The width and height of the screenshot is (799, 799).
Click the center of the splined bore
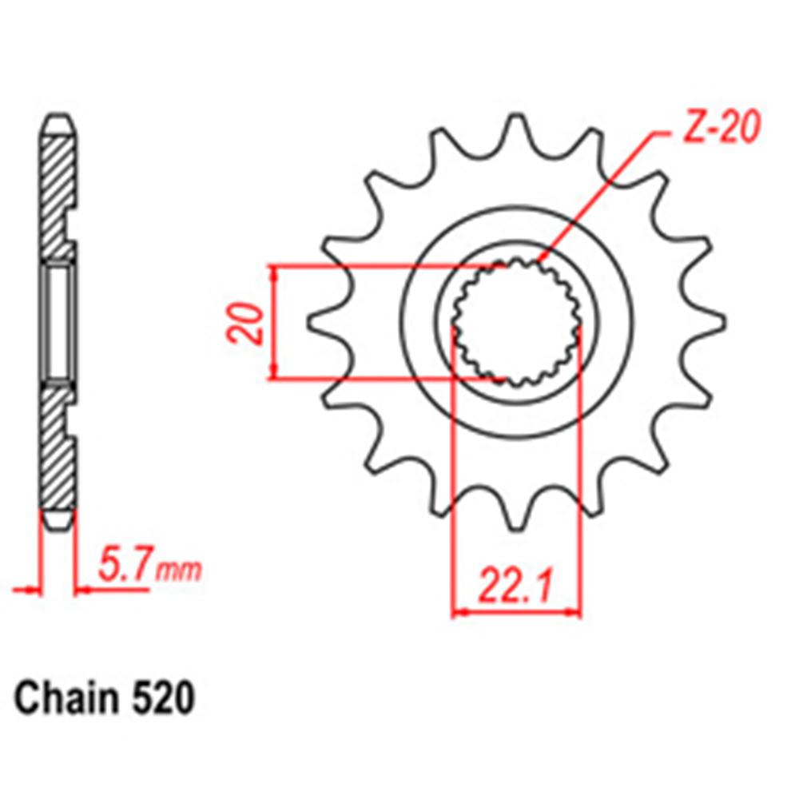click(517, 322)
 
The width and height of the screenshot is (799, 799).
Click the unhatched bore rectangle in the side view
click(58, 322)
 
